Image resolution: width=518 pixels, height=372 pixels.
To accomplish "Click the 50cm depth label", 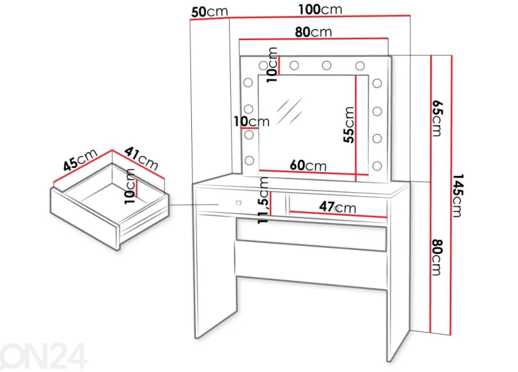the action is coord(210,12).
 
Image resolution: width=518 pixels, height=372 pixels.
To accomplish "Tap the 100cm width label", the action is coord(320,9).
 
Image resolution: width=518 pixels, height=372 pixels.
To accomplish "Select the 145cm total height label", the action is coord(457,195).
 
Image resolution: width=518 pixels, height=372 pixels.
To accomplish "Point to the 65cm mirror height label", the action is coord(437,118).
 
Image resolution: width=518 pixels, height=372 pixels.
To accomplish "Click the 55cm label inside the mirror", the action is coord(348,125).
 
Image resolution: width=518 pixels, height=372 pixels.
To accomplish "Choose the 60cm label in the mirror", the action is coord(308,165).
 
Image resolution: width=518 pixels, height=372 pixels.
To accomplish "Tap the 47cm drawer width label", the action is coord(338,207).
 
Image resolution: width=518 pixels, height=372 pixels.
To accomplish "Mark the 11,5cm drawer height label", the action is coord(263,200).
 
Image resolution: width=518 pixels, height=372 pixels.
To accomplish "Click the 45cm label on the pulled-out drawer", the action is coord(81,160).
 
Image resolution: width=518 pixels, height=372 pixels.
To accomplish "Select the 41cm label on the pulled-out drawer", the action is coord(141,158).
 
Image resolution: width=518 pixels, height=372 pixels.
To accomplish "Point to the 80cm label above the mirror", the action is coord(313,32).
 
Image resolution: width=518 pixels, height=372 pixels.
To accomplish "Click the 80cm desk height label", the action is coord(437,257).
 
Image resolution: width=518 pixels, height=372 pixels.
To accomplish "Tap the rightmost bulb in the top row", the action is coord(360,65).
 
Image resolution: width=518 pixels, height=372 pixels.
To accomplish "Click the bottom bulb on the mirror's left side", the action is coord(249,160).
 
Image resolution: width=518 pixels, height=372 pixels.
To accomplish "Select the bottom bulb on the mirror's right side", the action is coord(377,165).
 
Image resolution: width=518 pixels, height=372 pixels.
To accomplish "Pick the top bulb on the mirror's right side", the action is coord(377,83).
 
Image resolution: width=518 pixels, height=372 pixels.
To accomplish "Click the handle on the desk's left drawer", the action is coord(238,203).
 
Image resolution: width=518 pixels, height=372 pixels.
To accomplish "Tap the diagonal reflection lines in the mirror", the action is coord(289,111).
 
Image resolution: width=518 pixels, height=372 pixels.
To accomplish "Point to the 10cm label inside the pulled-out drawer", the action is coord(130,186).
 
